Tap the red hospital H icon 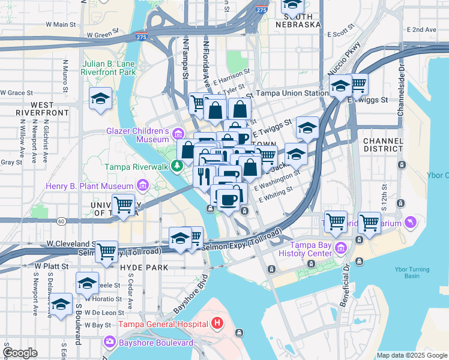[x=218, y=324]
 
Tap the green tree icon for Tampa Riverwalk [x=177, y=166]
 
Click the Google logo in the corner [x=20, y=353]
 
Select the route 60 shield [x=61, y=221]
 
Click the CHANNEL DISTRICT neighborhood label [x=384, y=144]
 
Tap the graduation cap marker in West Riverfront [x=100, y=98]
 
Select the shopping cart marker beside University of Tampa [x=124, y=205]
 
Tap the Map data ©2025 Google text [x=411, y=355]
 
